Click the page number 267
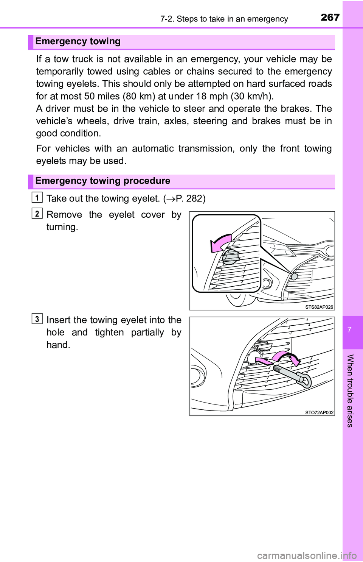330,17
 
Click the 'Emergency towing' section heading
78,41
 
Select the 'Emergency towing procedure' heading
102,181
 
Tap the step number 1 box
37,197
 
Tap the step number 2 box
37,214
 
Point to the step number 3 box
37,319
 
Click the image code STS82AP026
319,307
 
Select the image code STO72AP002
319,412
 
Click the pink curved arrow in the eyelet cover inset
220,243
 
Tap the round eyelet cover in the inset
230,258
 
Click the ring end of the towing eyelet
305,380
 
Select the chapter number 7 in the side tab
349,329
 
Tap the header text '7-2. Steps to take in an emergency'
224,19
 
